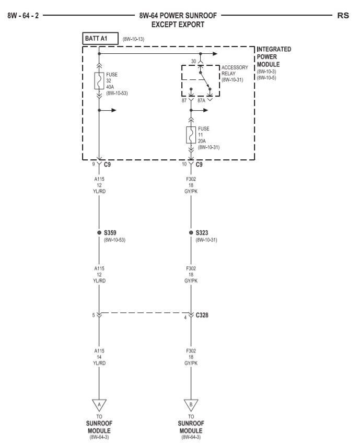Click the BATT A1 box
tap(99, 38)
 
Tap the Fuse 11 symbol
tap(191, 134)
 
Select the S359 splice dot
tap(99, 232)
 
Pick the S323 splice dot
tap(191, 232)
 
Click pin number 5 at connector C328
tap(93, 315)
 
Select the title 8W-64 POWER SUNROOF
tap(178, 16)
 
